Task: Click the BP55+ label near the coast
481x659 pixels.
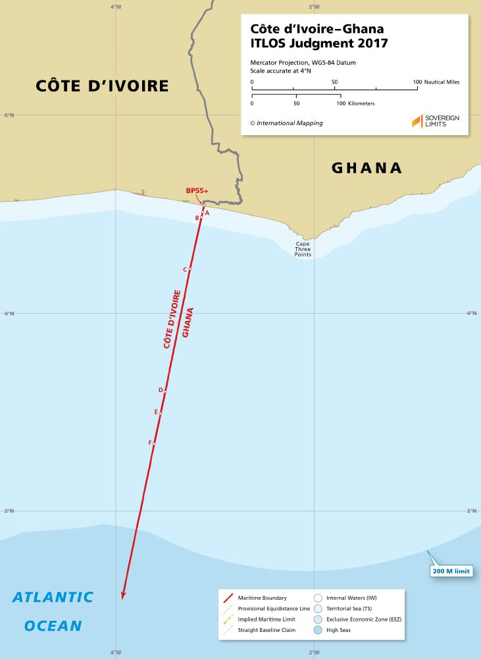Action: [x=197, y=190]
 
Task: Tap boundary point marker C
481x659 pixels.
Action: [x=190, y=270]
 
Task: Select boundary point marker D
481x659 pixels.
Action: [x=165, y=391]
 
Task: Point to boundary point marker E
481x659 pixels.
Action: [x=160, y=413]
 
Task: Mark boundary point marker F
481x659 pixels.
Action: [x=154, y=444]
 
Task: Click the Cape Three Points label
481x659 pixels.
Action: [x=303, y=249]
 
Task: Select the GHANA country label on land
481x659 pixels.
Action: [x=367, y=168]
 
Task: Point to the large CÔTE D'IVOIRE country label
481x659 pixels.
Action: [x=102, y=86]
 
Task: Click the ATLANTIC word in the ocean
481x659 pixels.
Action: [x=53, y=598]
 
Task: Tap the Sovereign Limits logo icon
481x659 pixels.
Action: [x=417, y=121]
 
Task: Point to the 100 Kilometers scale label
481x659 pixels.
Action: [x=356, y=103]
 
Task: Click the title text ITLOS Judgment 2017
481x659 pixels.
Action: [x=318, y=44]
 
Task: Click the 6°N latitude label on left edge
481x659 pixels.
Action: [x=9, y=115]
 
